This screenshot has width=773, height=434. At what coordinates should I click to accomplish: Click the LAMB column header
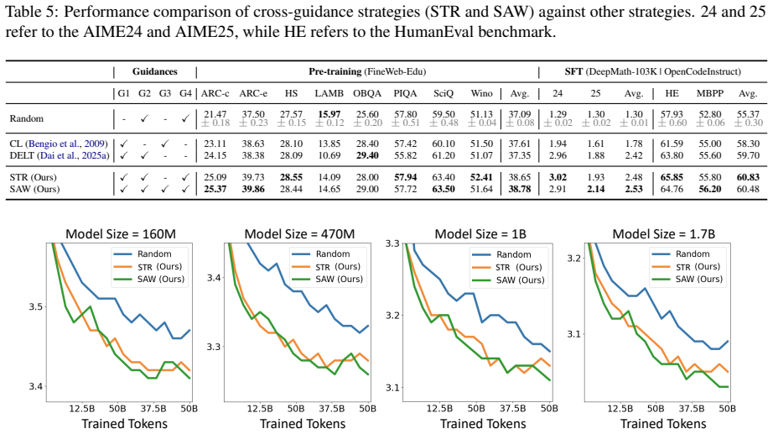pos(329,93)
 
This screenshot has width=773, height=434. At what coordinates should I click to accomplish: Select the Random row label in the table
pos(27,118)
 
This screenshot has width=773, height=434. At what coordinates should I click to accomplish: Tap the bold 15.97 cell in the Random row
pos(329,114)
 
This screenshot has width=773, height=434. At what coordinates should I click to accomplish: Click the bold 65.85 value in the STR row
pos(672,177)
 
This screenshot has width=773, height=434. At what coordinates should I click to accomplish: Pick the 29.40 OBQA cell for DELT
pos(367,155)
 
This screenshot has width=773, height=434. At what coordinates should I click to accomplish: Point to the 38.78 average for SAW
pos(520,189)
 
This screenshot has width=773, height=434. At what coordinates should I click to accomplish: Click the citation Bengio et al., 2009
pos(66,144)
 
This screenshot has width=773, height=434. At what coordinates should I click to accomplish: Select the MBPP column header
pos(710,93)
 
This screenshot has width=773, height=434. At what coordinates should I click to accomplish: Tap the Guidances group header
pos(155,71)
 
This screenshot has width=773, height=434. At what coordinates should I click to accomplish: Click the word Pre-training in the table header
pos(335,71)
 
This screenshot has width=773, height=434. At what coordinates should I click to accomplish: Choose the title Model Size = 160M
pos(121,233)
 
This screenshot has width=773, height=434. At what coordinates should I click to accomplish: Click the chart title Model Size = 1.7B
pos(663,233)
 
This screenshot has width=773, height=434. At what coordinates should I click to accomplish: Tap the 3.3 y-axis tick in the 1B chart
pos(393,243)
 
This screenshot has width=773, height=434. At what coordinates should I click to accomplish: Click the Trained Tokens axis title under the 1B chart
pos(483,424)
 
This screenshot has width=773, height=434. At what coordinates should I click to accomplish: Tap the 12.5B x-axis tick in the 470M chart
pos(260,408)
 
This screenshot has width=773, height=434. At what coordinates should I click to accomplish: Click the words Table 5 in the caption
pos(27,12)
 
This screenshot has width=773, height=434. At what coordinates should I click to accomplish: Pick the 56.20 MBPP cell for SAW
pos(710,189)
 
